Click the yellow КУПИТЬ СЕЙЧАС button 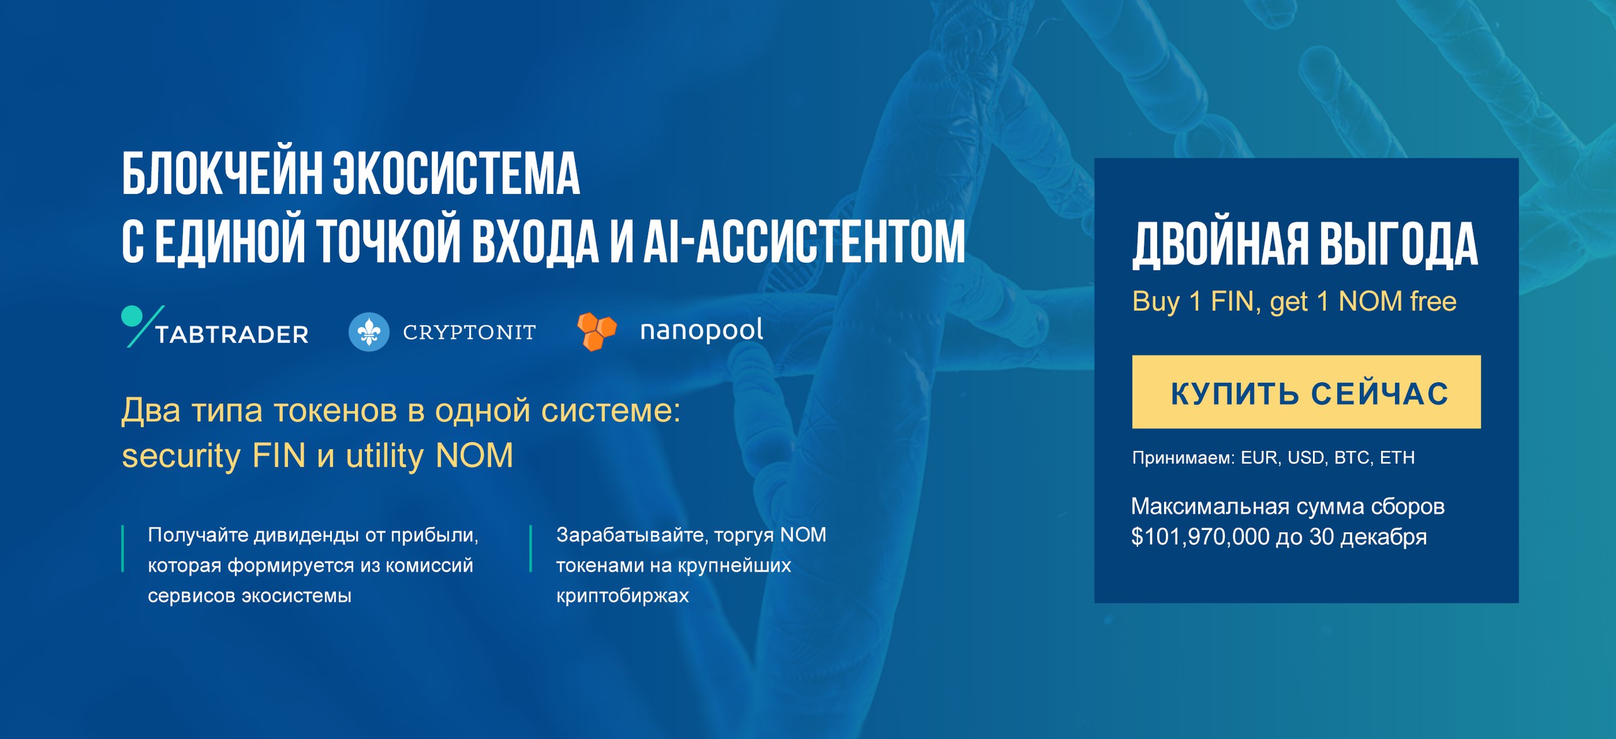(x=1306, y=392)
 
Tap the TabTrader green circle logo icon (x=132, y=316)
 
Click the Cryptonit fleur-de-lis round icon (x=369, y=332)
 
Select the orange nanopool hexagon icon (x=597, y=331)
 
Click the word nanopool (x=701, y=330)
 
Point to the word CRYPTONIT (x=470, y=332)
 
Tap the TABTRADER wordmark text (x=232, y=334)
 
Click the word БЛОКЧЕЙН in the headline (x=222, y=174)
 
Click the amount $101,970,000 (x=1200, y=537)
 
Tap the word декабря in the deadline (x=1384, y=537)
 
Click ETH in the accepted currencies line (x=1397, y=457)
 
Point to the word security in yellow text (x=181, y=456)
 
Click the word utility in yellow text (x=384, y=456)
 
